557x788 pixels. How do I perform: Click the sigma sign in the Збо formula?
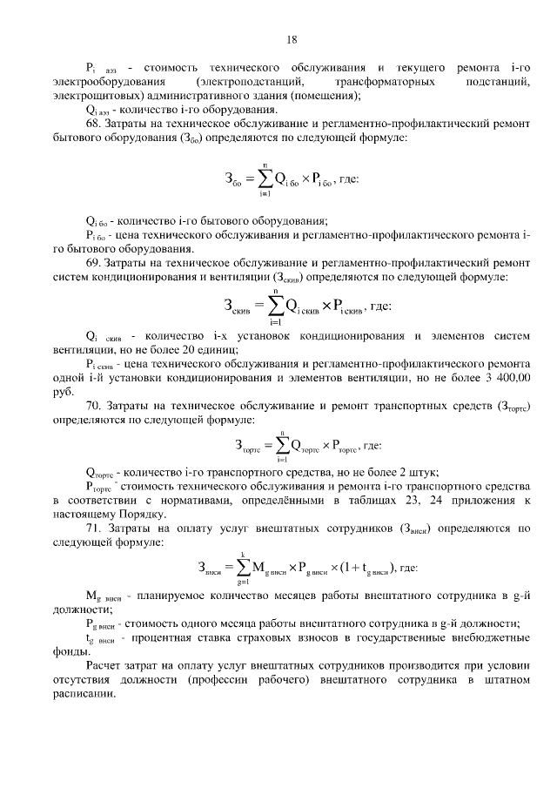[262, 178]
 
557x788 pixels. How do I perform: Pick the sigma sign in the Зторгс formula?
[282, 446]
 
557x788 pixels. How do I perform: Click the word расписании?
[84, 694]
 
